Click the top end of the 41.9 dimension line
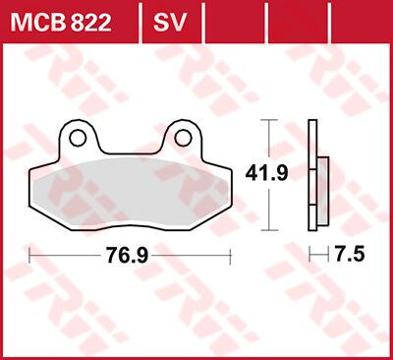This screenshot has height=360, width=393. coord(271,121)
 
